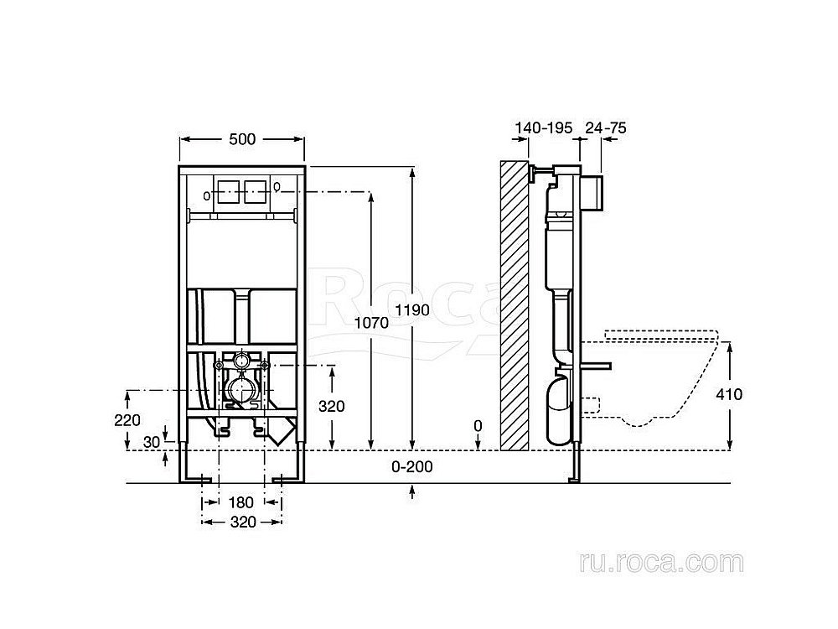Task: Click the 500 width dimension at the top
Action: click(241, 139)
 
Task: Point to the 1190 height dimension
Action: click(412, 309)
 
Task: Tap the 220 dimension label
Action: click(127, 420)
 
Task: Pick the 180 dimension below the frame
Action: click(241, 502)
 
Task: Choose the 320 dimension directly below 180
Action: click(241, 521)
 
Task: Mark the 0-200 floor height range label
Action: click(411, 467)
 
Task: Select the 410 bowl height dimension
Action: click(729, 394)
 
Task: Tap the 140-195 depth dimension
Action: click(543, 128)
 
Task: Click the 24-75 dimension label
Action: click(606, 128)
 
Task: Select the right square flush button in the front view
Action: click(254, 190)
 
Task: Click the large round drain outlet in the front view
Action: click(241, 391)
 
